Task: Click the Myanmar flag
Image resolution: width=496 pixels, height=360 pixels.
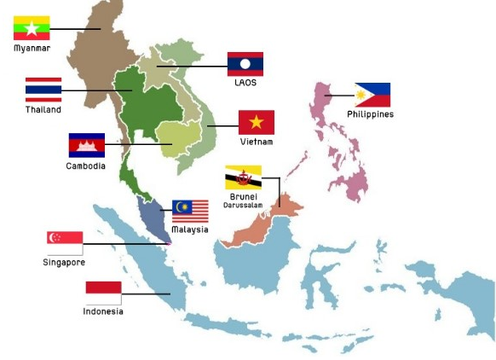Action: [32, 28]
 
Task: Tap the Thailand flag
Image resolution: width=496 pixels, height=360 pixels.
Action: [43, 90]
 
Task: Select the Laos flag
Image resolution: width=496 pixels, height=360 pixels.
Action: [245, 64]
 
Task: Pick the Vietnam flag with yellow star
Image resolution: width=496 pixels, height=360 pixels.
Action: [256, 123]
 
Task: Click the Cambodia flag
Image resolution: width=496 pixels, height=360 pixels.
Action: [86, 145]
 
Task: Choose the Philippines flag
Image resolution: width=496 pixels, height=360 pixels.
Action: [372, 95]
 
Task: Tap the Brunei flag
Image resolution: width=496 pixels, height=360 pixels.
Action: [243, 177]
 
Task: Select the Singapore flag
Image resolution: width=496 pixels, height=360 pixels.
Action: [65, 243]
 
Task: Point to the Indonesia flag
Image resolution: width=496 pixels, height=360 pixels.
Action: [103, 293]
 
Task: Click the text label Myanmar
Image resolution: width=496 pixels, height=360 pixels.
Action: [32, 49]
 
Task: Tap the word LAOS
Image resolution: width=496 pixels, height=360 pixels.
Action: [245, 83]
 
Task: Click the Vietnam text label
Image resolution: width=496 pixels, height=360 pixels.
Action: [257, 142]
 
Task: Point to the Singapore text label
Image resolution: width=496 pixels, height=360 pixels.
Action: [64, 263]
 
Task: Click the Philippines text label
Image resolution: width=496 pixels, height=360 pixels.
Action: [370, 114]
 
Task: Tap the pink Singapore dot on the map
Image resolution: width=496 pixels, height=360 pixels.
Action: [169, 243]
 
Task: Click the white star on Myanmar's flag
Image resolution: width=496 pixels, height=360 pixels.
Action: [32, 28]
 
